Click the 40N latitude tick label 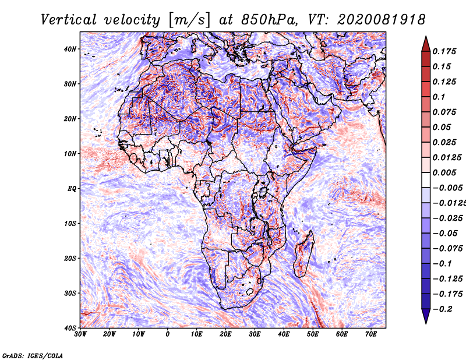coord(70,49)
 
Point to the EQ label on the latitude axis coord(72,189)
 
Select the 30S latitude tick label coord(70,293)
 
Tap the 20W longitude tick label coord(109,334)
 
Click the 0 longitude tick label coord(168,334)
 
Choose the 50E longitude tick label coord(313,334)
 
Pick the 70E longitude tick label coord(371,334)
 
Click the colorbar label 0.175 coord(444,52)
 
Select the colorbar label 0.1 coord(439,97)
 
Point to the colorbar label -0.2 coord(443,309)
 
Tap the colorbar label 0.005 coord(444,172)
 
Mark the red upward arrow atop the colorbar coord(426,44)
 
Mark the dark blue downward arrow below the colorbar coord(426,316)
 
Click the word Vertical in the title coord(69,20)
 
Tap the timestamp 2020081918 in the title coord(382,20)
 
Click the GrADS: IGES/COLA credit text coord(33,356)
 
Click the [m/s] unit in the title coord(189,20)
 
